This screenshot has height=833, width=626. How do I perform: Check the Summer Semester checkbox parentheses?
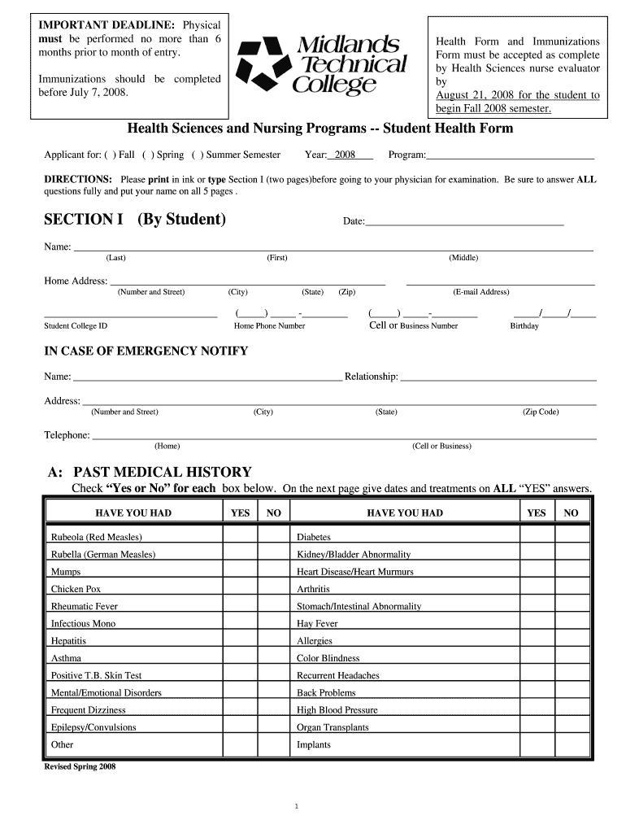click(198, 155)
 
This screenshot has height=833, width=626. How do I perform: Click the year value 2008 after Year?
click(346, 155)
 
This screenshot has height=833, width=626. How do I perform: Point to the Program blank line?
click(510, 155)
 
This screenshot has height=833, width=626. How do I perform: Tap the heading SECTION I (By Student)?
click(134, 220)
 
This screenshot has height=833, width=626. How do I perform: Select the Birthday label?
click(524, 326)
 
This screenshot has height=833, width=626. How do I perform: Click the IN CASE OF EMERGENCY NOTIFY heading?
click(146, 351)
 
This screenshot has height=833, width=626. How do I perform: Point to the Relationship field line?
click(498, 377)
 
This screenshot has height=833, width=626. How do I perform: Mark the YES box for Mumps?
click(240, 571)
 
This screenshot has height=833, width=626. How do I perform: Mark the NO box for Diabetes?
click(571, 537)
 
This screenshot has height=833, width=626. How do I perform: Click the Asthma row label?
click(66, 658)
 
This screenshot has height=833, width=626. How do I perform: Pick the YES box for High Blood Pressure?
click(536, 709)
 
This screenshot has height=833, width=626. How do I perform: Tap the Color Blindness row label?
click(328, 658)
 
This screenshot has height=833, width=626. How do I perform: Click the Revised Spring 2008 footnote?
click(79, 766)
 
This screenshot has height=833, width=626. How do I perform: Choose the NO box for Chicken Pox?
click(273, 589)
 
